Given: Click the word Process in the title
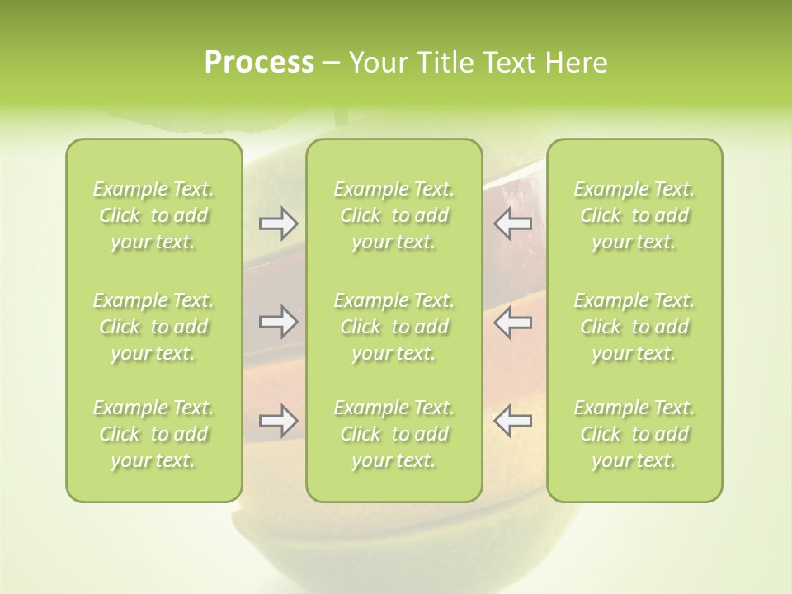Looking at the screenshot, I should pos(259,63).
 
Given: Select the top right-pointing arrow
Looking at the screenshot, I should pos(279,224).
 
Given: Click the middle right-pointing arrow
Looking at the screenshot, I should pos(279,322).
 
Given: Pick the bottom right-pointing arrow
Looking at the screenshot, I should pos(279,421).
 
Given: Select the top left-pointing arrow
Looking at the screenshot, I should pos(513,224).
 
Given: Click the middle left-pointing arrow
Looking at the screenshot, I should pos(513,322).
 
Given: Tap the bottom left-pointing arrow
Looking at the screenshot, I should pos(513,421).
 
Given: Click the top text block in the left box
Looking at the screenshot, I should pos(153,215).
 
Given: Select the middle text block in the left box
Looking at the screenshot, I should pos(153,327).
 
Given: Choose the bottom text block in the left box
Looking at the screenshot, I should pos(153,434).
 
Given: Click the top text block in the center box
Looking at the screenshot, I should pos(394,215).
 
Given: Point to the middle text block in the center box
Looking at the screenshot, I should pos(394,327).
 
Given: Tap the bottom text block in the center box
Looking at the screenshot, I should pos(394,434).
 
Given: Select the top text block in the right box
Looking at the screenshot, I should pos(634,215).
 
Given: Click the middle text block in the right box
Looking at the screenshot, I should pos(634,327).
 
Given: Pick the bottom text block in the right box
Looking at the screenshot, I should pos(634,434).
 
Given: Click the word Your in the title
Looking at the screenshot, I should pos(376,63).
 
